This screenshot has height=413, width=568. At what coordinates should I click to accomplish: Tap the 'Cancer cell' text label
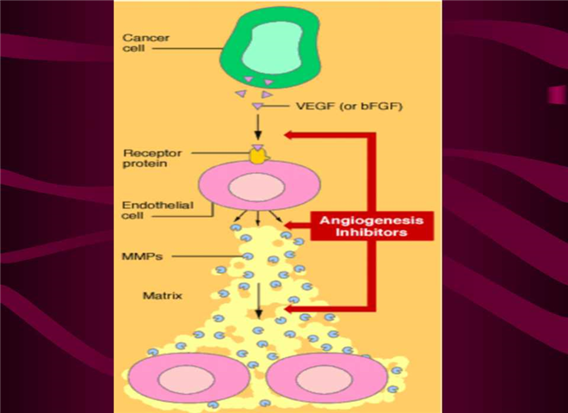tap(141, 44)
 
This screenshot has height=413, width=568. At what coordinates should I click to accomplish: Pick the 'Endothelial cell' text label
tap(147, 211)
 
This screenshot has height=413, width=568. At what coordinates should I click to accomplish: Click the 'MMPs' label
tap(139, 256)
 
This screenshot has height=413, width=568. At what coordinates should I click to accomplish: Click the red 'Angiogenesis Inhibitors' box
tap(372, 225)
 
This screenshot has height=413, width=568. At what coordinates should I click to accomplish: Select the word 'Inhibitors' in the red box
tap(372, 231)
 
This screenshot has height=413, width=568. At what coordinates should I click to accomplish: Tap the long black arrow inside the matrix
tap(258, 297)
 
